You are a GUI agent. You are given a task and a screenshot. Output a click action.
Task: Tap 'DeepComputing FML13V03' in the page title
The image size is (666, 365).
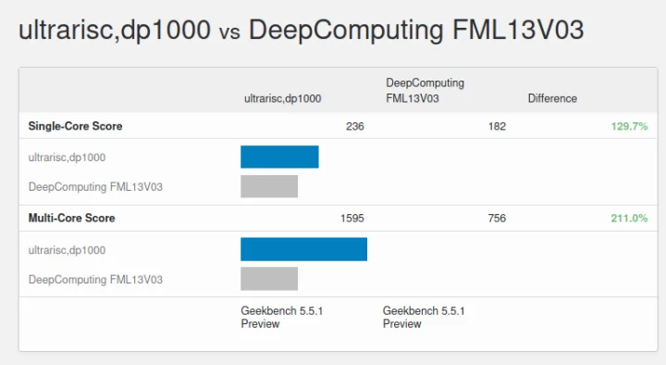click(x=416, y=31)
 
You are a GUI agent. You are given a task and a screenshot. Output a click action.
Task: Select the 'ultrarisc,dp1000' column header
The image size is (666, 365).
click(x=282, y=98)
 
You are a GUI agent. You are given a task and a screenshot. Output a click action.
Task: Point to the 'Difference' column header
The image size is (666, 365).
click(x=552, y=98)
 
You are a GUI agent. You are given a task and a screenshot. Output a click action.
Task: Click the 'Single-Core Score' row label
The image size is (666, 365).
click(x=75, y=126)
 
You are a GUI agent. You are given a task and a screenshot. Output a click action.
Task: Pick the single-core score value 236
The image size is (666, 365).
click(x=354, y=126)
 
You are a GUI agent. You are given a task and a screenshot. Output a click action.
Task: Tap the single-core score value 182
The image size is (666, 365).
click(x=497, y=126)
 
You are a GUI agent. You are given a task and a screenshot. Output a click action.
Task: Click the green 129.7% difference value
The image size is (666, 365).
click(x=629, y=126)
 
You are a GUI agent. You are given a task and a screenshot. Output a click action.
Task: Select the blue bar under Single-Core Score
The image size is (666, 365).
click(x=279, y=157)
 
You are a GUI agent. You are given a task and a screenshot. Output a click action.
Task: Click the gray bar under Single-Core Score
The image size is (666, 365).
click(x=269, y=186)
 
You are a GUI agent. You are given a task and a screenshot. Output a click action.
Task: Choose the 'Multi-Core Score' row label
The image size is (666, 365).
click(x=71, y=219)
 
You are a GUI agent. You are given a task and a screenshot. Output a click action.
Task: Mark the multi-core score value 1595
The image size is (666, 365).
click(x=351, y=219)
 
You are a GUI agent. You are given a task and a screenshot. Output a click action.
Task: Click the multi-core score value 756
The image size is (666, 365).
click(x=497, y=219)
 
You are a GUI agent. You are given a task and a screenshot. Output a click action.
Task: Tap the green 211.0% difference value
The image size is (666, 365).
click(x=629, y=219)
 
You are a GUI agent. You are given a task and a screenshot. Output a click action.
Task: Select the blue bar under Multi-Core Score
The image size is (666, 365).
click(x=303, y=249)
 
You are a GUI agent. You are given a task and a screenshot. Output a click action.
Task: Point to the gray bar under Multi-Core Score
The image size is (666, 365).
click(x=269, y=279)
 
